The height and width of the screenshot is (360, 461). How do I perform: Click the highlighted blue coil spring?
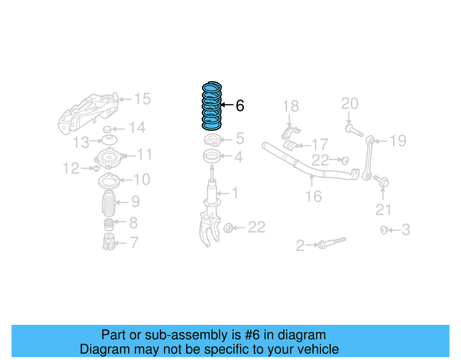pyautogui.click(x=212, y=106)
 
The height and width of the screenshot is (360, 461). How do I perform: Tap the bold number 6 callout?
pyautogui.click(x=240, y=106)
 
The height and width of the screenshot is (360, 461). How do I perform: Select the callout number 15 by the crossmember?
pyautogui.click(x=142, y=99)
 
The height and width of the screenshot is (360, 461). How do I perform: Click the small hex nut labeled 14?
pyautogui.click(x=107, y=129)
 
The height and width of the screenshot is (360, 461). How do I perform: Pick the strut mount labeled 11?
pyautogui.click(x=109, y=158)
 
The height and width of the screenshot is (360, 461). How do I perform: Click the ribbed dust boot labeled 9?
pyautogui.click(x=109, y=204)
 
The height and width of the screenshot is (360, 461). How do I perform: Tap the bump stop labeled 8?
pyautogui.click(x=109, y=225)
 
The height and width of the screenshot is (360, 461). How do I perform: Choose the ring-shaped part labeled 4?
pyautogui.click(x=212, y=157)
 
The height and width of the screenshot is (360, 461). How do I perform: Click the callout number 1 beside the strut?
pyautogui.click(x=235, y=193)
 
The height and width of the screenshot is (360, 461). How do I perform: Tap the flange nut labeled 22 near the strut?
pyautogui.click(x=228, y=228)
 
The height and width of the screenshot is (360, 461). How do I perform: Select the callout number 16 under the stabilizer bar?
pyautogui.click(x=313, y=197)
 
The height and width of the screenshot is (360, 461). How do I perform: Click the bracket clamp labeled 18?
pyautogui.click(x=290, y=133)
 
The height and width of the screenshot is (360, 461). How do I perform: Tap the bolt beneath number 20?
pyautogui.click(x=354, y=131)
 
